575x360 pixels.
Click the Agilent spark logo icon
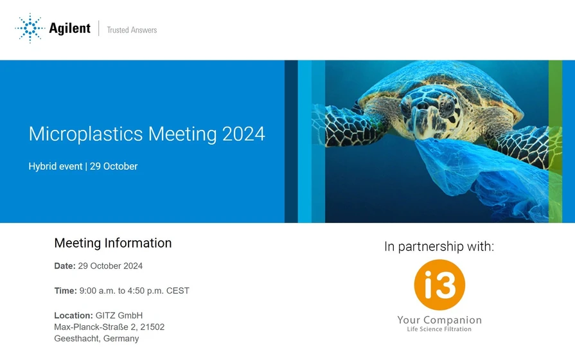pos(29,28)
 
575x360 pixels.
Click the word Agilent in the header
pos(69,28)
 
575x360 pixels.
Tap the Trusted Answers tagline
pos(132,30)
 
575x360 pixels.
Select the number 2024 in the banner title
pos(243,134)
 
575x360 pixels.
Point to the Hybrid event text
pos(55,166)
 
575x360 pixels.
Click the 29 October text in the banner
pos(114,166)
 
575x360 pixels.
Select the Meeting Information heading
pos(113,243)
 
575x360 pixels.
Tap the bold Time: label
pos(66,291)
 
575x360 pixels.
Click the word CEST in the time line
pos(177,291)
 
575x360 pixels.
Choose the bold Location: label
pos(73,316)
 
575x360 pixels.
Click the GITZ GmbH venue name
pos(119,316)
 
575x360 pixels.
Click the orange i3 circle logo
pos(439,285)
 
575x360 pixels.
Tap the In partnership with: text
pos(439,246)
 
